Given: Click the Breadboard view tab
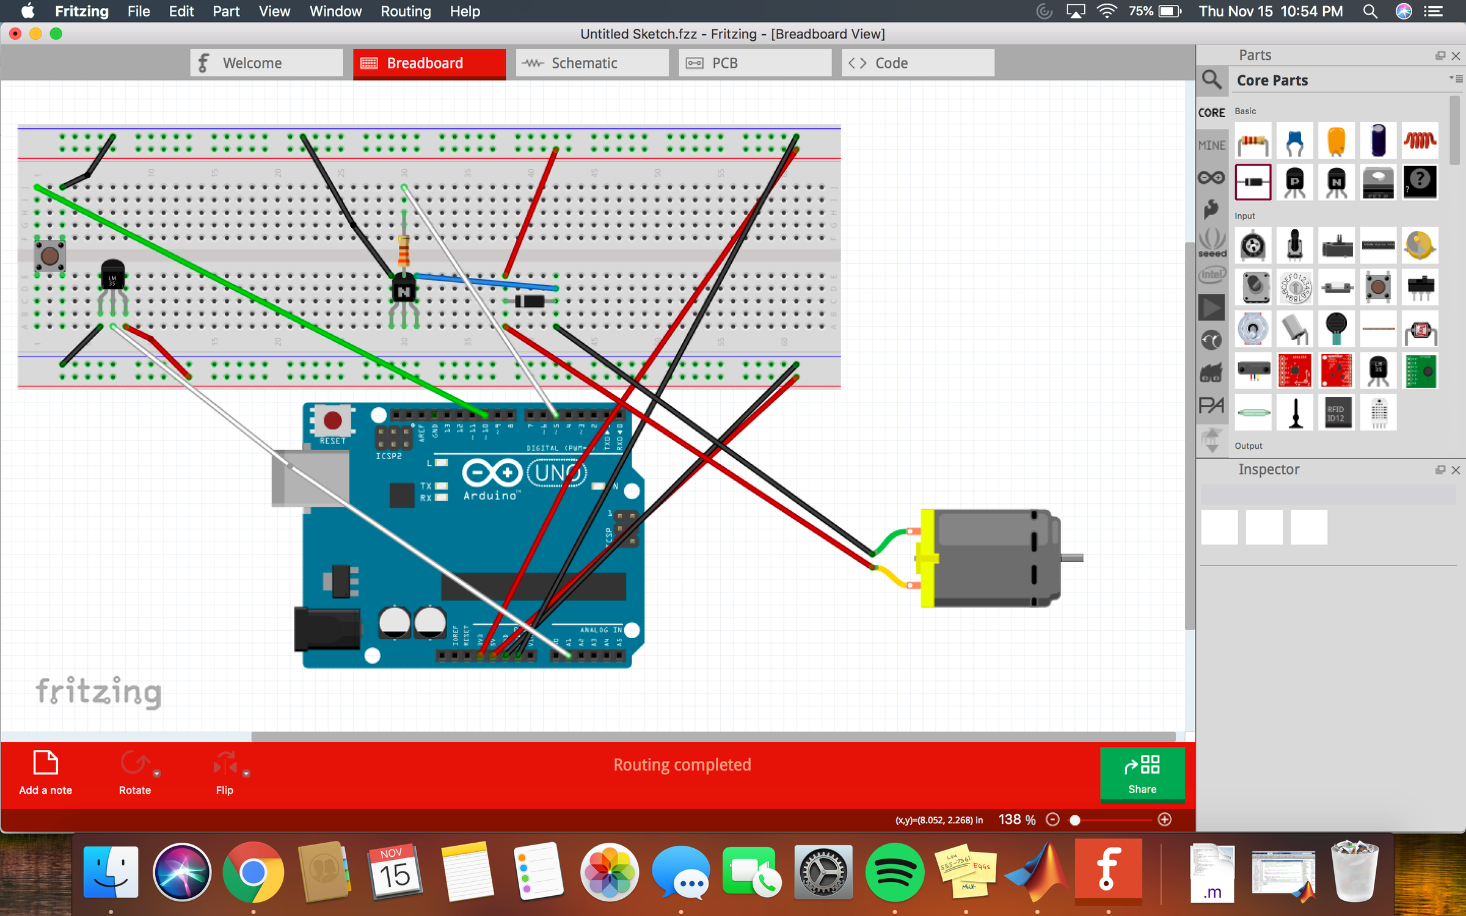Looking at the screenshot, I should point(429,63).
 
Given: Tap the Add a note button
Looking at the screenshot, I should point(45,772).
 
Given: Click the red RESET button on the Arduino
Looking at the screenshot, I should point(332,420).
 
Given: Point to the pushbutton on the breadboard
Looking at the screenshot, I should point(50,256).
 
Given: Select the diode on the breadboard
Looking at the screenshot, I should point(530,301).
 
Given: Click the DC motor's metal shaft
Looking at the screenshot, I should point(1073,558).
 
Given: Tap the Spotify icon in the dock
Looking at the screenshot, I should point(894,871).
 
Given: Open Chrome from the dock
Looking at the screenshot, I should point(252,871).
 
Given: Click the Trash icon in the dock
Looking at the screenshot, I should point(1354,871).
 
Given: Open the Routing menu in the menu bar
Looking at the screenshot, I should point(406,11).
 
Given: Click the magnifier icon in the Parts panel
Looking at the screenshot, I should point(1212,80).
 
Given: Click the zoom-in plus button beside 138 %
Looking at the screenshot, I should point(1165,820).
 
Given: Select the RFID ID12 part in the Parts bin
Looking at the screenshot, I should point(1336,413).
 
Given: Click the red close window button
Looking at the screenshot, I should point(15,34).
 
